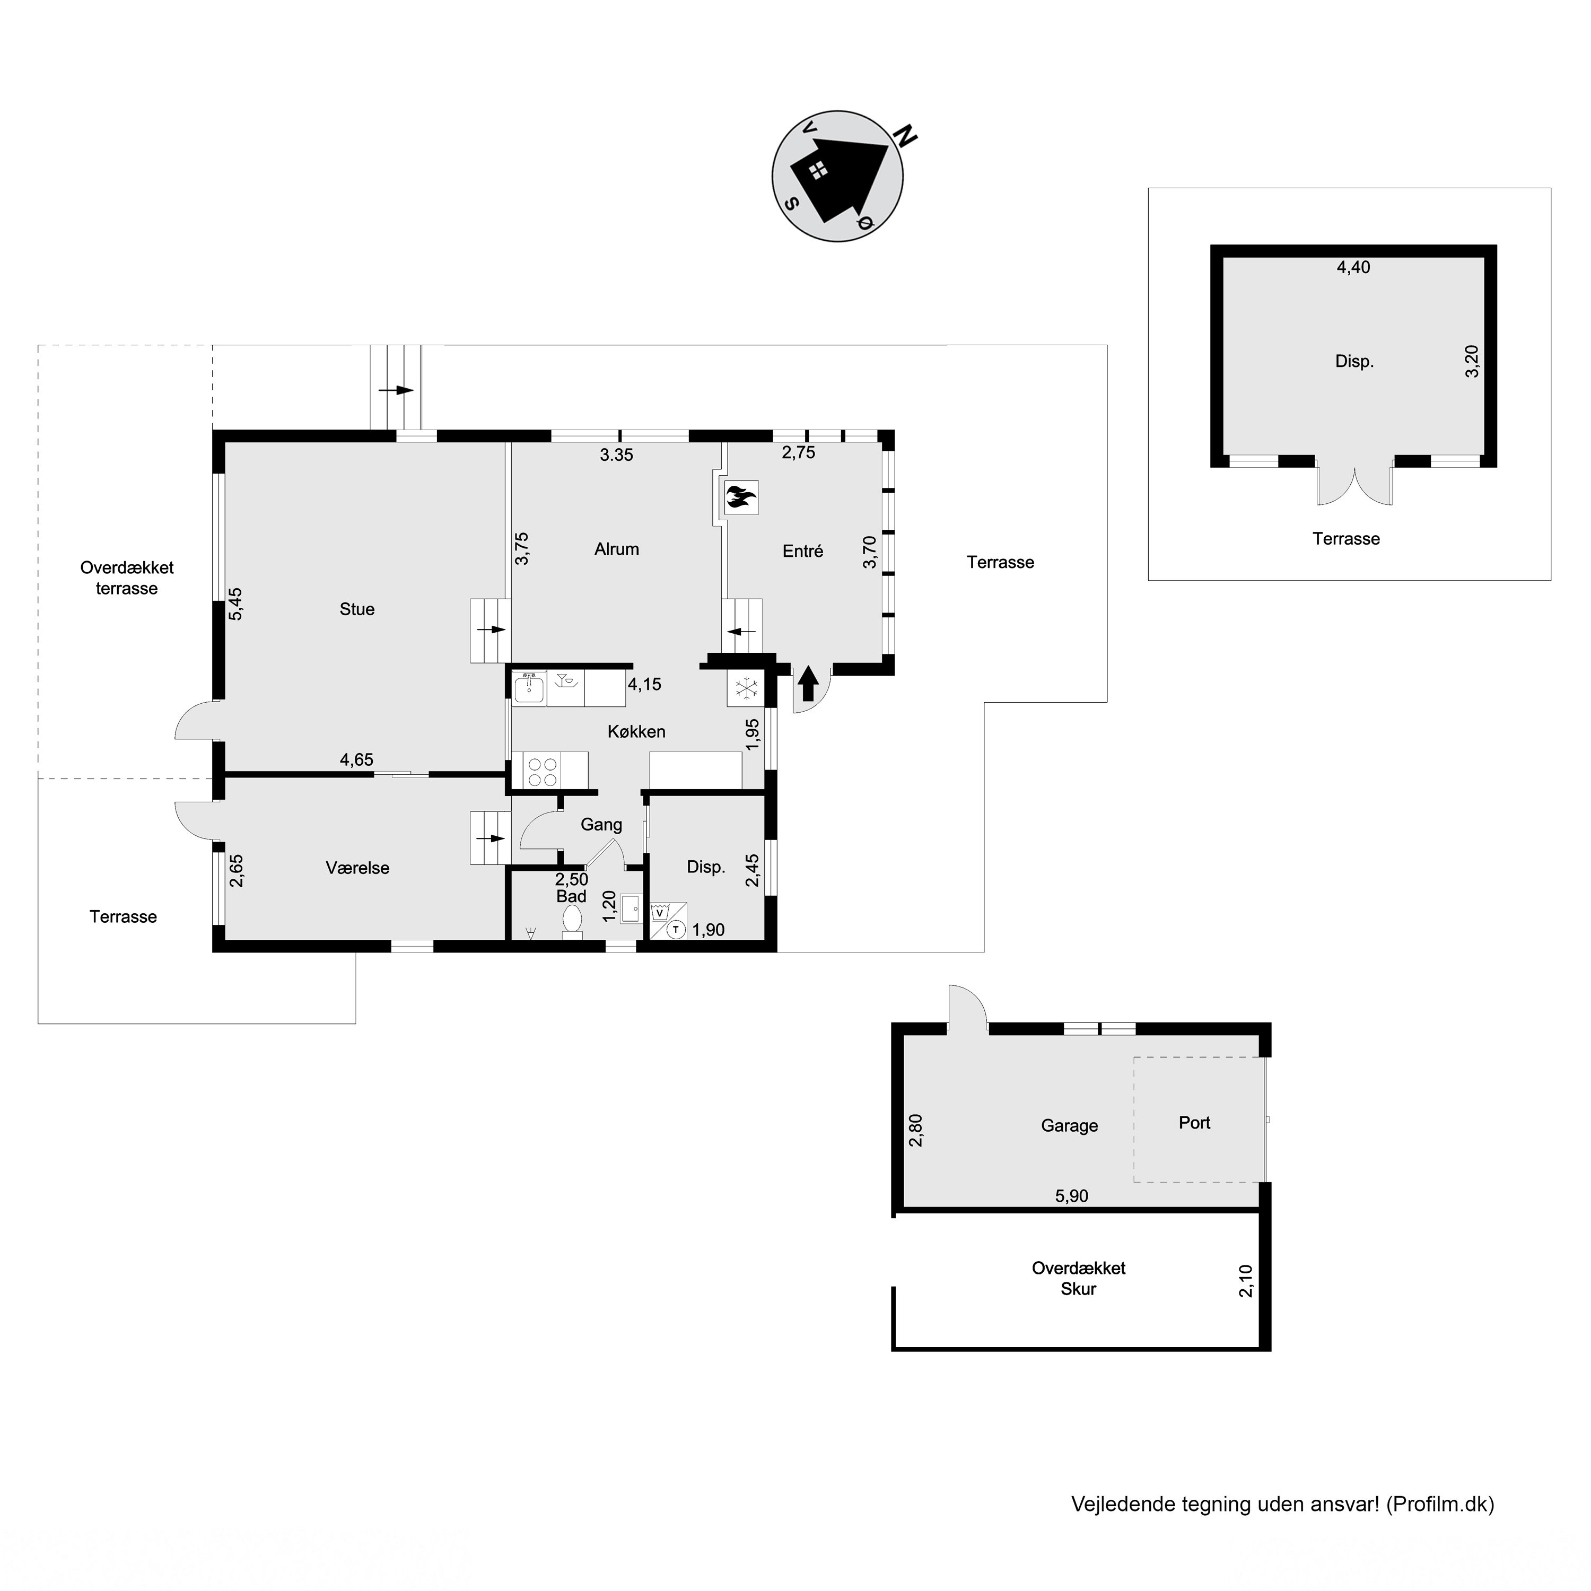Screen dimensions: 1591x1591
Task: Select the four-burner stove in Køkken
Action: pos(543,772)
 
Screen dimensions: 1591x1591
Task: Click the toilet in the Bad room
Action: pos(572,922)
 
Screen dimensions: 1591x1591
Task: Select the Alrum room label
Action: pos(617,549)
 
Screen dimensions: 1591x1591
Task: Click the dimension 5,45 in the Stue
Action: pos(235,604)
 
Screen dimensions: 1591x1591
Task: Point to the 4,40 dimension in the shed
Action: pos(1354,267)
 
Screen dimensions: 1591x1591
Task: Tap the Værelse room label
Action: pos(357,868)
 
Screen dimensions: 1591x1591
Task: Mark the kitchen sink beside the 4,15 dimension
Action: pos(529,688)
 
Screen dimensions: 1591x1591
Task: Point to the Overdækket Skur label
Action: pos(1079,1279)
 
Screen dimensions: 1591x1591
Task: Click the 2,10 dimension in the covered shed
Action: pos(1246,1281)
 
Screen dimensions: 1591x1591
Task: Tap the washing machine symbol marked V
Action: pos(659,912)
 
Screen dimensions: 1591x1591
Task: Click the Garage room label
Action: pos(1070,1126)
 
